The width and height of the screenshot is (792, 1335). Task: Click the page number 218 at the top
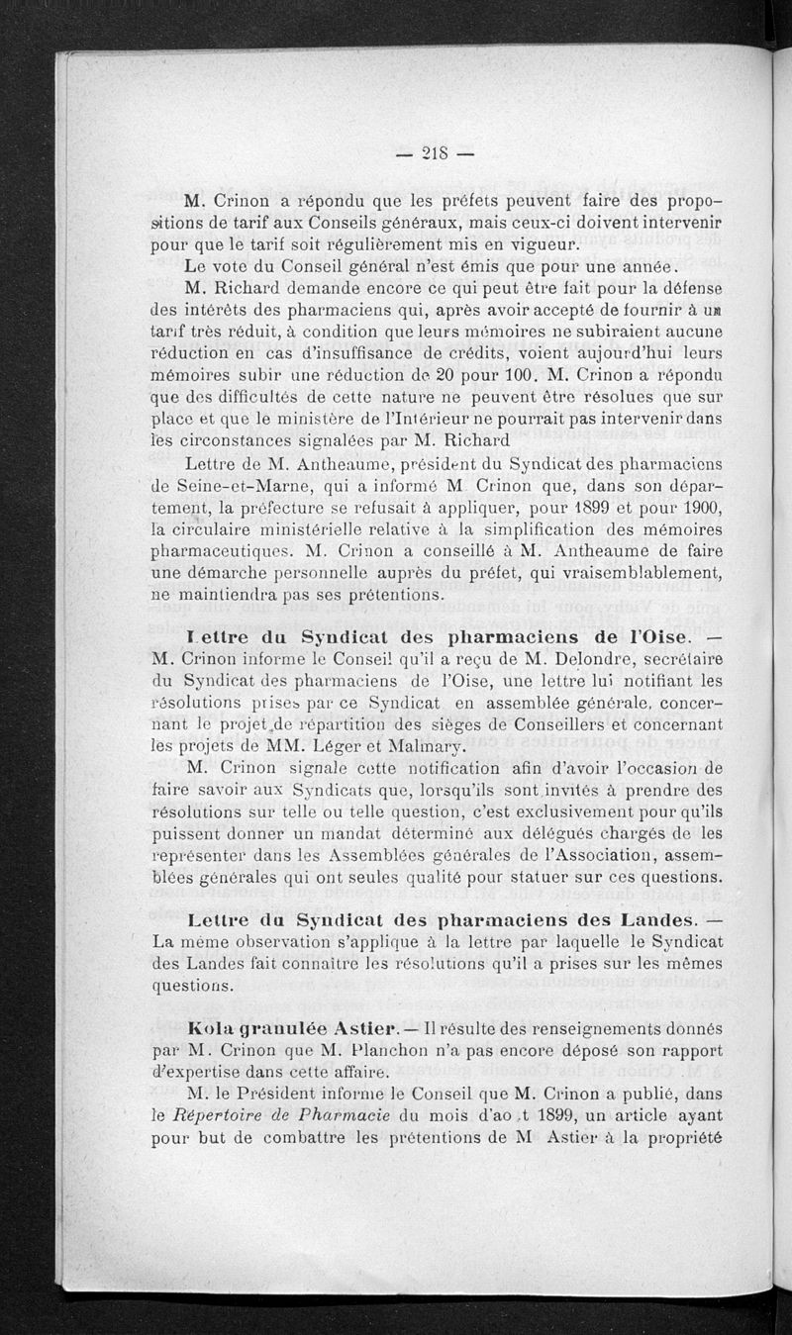435,152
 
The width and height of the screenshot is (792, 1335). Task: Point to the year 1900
697,508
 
